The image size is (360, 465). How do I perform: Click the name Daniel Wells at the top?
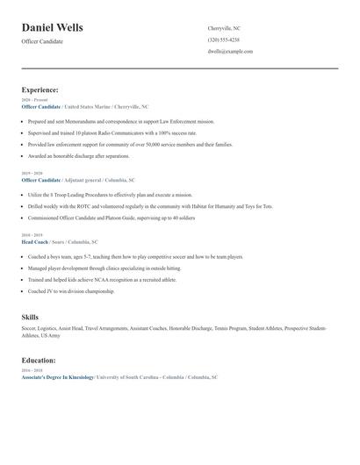click(52, 28)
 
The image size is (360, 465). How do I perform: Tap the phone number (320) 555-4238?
click(223, 39)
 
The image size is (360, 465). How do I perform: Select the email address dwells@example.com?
click(230, 52)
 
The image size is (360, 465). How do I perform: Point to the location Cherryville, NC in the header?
click(223, 28)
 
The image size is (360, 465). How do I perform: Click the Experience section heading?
click(40, 89)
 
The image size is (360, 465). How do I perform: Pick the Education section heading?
click(39, 360)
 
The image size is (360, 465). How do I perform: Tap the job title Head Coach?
click(37, 241)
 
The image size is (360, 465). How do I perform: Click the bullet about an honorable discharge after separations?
click(77, 155)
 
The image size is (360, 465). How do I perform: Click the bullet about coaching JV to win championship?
click(70, 290)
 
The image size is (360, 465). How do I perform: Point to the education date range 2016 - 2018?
click(30, 370)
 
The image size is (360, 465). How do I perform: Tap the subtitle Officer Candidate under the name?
click(41, 41)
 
